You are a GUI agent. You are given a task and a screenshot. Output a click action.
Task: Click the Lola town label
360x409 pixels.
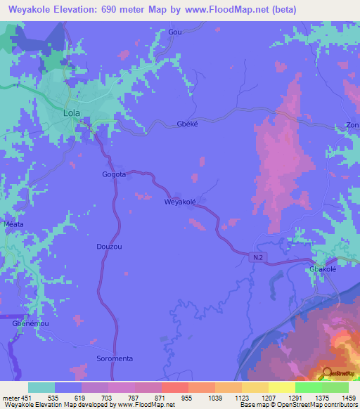pos(72,112)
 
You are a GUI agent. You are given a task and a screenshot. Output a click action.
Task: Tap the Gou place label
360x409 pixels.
pos(175,32)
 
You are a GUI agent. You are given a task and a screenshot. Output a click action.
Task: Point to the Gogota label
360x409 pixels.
pos(114,174)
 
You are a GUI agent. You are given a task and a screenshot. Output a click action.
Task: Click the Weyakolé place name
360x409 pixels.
pos(180,202)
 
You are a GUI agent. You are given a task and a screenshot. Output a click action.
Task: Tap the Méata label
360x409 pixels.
pos(14,224)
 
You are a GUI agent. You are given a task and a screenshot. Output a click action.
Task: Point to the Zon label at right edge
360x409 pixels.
pos(352,125)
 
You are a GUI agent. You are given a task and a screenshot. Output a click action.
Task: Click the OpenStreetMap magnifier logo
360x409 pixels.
pos(326,373)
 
